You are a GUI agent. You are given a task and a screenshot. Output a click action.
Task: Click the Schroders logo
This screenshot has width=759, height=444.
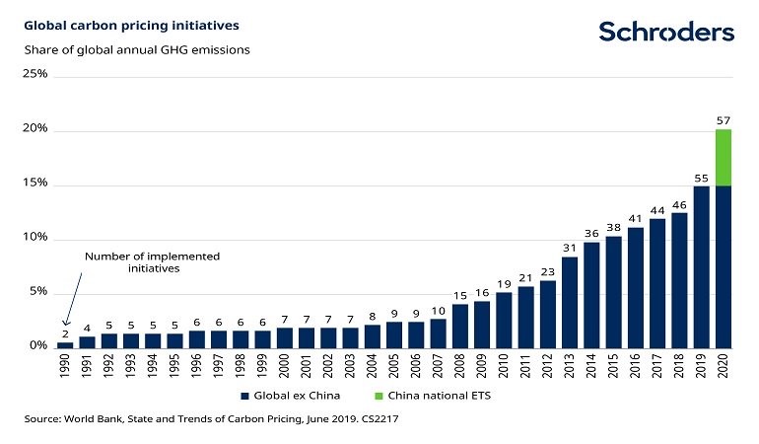[x=666, y=32]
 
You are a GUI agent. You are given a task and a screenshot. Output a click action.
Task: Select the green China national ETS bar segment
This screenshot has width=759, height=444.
[x=723, y=158]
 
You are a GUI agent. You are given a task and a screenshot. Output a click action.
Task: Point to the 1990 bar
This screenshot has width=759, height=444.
[x=65, y=344]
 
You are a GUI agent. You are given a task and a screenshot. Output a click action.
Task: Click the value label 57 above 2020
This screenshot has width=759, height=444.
[x=723, y=120]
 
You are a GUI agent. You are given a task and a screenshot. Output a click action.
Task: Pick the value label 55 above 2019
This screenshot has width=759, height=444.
[x=701, y=178]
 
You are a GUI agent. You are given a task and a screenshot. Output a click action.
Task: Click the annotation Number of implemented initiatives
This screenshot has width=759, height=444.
[x=152, y=262]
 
